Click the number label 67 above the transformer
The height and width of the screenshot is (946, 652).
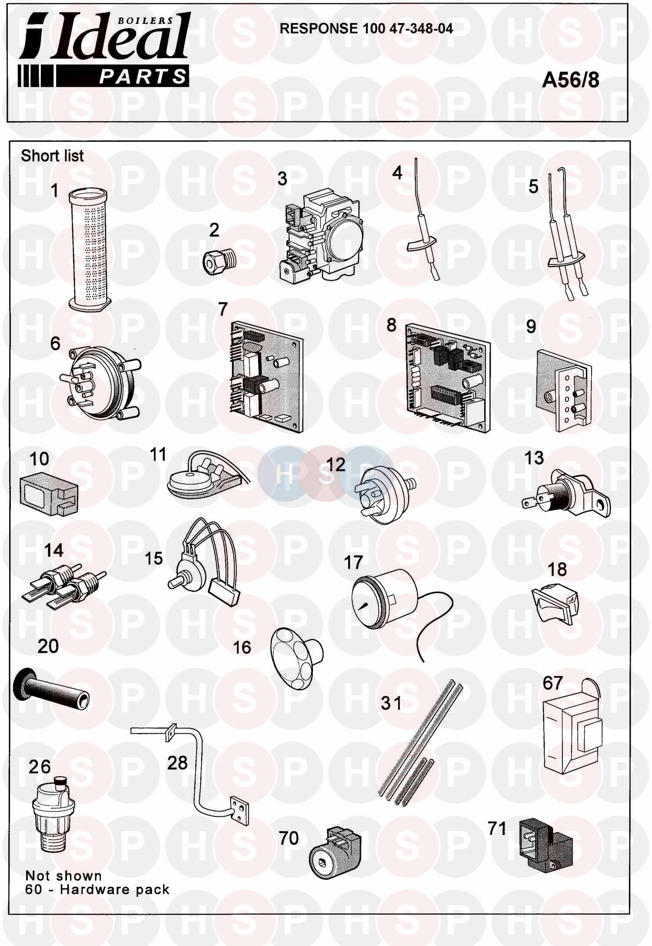point(552,683)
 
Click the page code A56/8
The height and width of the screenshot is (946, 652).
point(570,80)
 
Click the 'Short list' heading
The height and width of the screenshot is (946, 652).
point(52,156)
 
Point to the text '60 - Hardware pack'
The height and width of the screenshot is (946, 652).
point(97,889)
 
